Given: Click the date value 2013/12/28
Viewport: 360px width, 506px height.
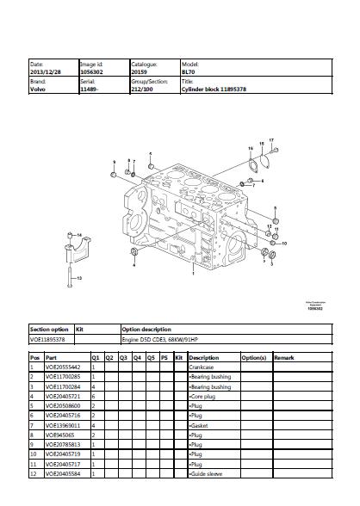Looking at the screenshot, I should (x=45, y=71).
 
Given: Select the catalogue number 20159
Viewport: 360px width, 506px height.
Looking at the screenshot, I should (x=140, y=71).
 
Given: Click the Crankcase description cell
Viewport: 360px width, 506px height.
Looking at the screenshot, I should (x=203, y=367).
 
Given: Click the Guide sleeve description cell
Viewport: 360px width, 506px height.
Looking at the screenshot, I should (x=207, y=473).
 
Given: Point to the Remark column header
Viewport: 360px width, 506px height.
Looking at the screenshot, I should (x=284, y=356).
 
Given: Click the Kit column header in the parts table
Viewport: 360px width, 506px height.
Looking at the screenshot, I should (x=178, y=356).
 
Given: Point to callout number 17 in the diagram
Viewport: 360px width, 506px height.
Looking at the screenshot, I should (x=271, y=139).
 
